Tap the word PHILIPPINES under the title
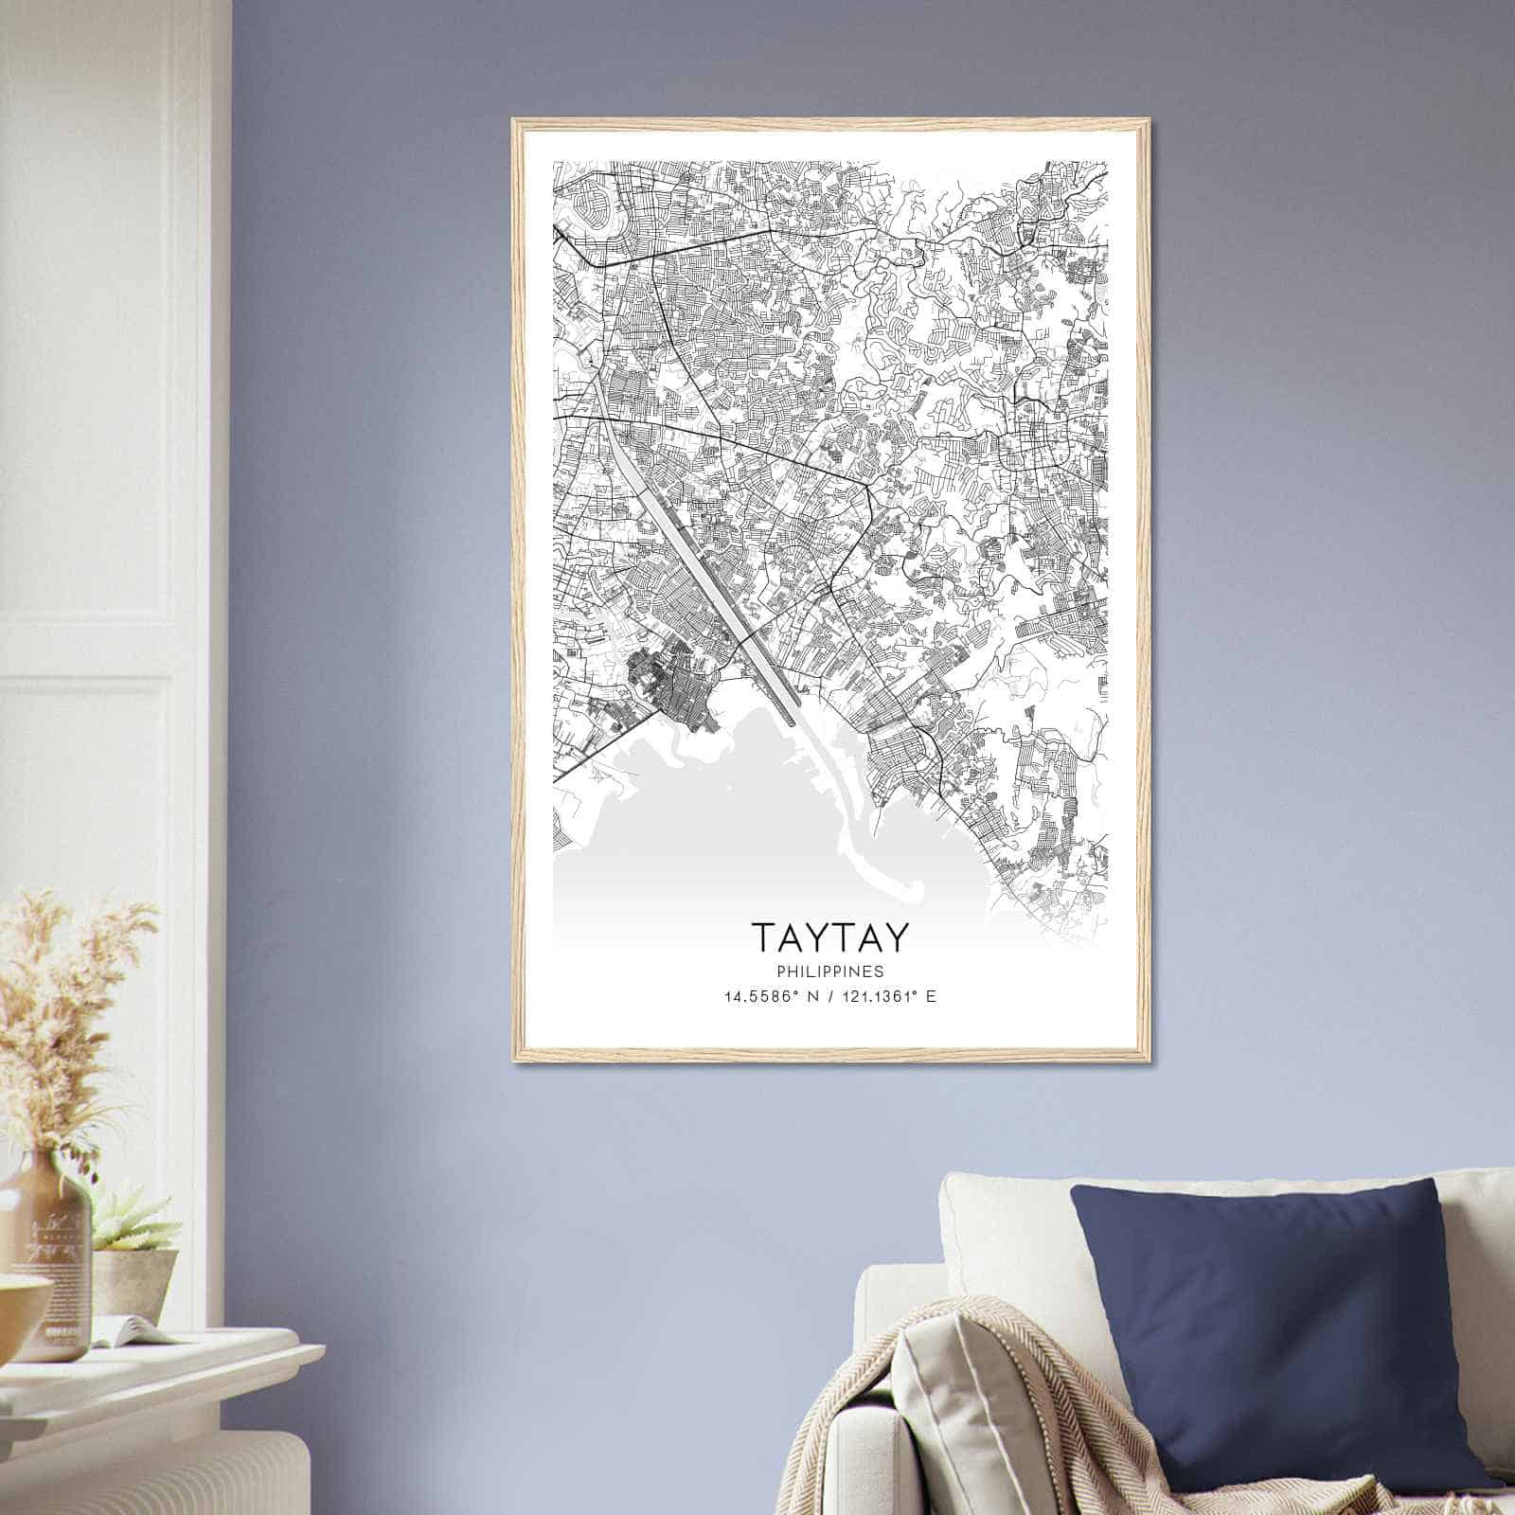tap(830, 971)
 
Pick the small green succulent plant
tap(133, 1221)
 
